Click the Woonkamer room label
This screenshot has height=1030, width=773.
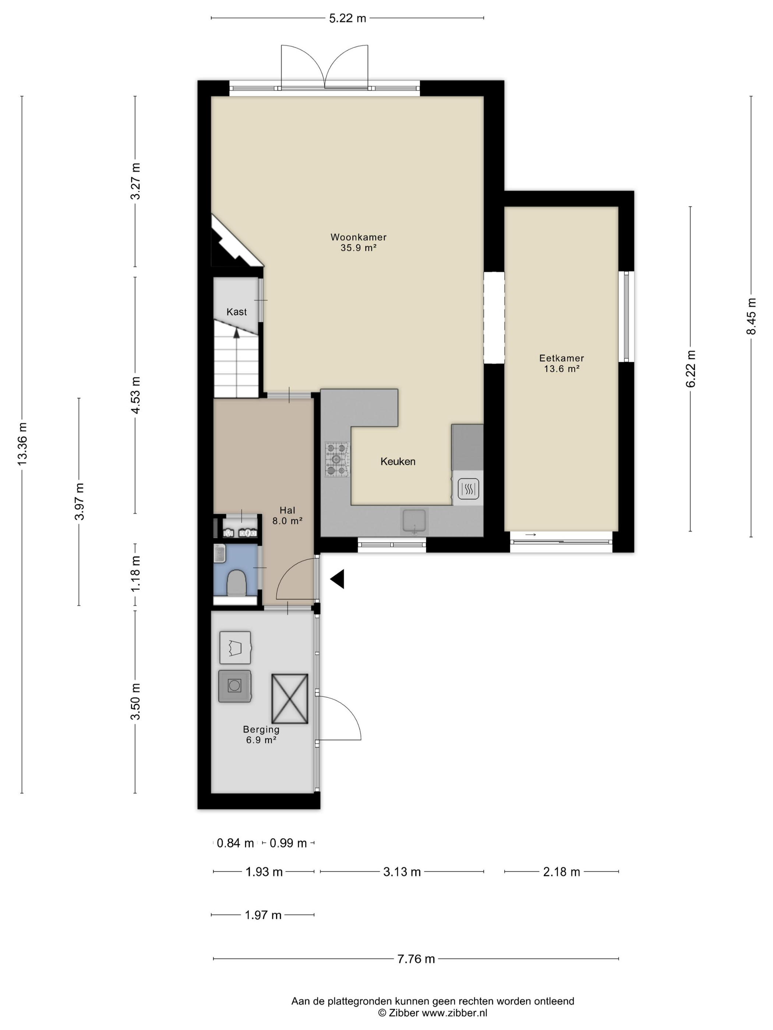coord(358,242)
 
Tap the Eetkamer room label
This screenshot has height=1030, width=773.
coord(561,363)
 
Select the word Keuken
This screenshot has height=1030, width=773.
coord(398,461)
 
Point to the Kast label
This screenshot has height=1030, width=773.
coord(237,312)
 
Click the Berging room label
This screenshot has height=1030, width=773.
coord(261,734)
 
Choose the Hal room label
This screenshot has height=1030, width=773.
coord(287,515)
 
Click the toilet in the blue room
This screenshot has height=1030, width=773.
coord(237,583)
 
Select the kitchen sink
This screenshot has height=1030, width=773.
coord(414,521)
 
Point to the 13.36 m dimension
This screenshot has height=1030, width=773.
coord(22,443)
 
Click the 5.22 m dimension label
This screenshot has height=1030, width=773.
coord(347,18)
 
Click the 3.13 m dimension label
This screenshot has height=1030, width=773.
coord(402,872)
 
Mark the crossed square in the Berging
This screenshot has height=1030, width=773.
coord(290,699)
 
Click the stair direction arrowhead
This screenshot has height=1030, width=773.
coord(237,333)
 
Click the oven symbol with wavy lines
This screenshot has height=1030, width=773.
coord(468,489)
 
